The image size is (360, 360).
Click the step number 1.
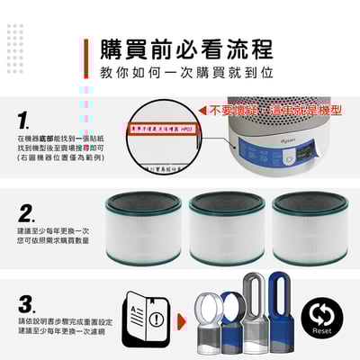[x=26, y=121]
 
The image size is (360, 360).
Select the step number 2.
[x=27, y=213]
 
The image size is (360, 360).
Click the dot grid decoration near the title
[x=15, y=39]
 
